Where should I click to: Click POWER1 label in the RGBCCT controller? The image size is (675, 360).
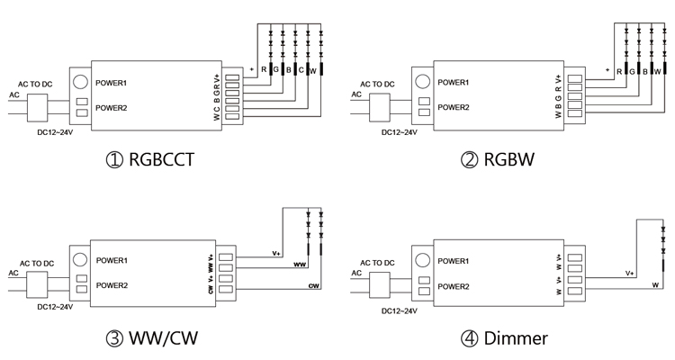coord(112,82)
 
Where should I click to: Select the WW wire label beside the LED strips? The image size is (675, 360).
coord(300,265)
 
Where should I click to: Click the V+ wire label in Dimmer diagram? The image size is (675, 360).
coord(630,273)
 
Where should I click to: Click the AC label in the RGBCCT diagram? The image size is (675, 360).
coord(13,94)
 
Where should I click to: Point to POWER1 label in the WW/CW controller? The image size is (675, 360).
coord(112,261)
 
